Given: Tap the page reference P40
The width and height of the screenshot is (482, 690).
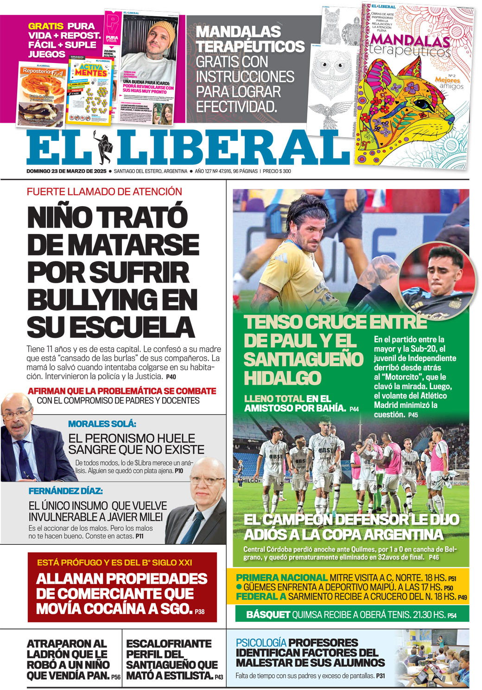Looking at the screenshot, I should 171,377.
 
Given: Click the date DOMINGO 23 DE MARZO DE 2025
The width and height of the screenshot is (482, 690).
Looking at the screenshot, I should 66,171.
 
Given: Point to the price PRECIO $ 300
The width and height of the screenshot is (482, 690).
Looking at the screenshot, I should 277,171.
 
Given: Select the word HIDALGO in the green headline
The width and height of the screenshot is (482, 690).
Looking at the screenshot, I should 282,378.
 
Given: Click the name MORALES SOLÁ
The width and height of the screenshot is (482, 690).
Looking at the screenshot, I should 102,424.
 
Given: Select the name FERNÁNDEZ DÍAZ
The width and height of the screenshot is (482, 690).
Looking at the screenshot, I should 65,491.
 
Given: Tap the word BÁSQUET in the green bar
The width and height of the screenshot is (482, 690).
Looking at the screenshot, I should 268,615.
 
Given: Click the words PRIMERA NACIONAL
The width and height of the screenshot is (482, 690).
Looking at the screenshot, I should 281,578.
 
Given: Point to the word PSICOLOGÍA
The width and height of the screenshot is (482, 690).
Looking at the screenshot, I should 261,643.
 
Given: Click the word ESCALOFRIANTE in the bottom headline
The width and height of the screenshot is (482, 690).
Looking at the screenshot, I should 169,644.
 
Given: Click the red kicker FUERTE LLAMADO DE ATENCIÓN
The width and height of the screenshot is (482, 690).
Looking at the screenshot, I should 104,191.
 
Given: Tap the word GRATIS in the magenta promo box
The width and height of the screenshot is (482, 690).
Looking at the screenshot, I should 46,26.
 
